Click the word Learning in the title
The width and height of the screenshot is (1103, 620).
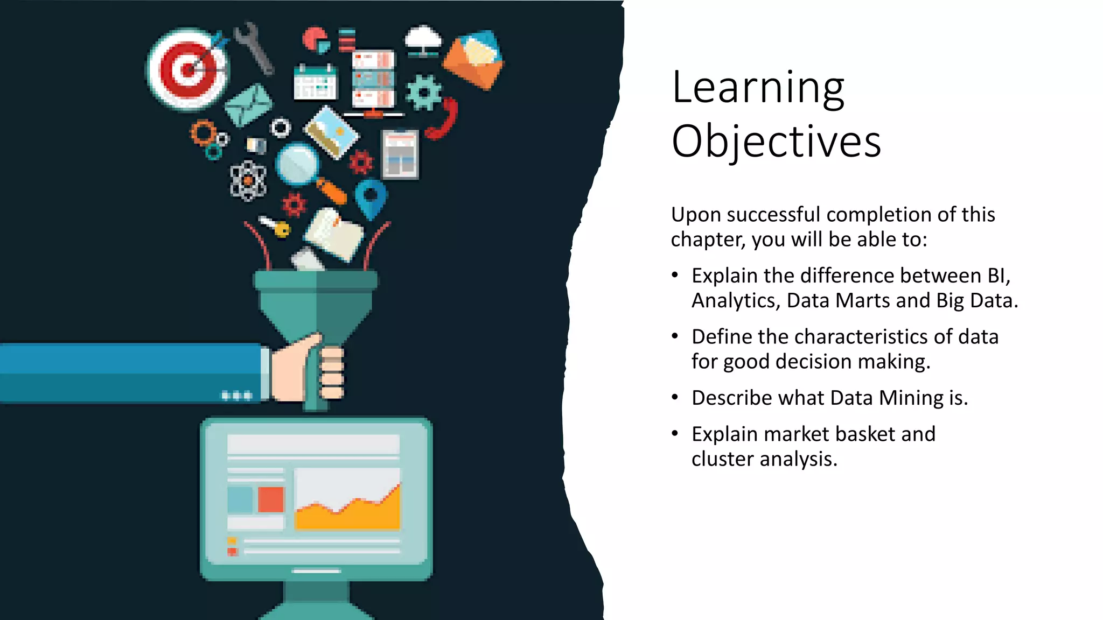758,88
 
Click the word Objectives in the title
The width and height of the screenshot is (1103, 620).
776,142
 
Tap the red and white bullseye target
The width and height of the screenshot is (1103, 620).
187,69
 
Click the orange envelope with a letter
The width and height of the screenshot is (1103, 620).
473,59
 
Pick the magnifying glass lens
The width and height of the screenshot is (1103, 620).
297,163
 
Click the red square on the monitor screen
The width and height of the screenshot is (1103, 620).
271,499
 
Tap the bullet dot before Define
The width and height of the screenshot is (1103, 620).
675,336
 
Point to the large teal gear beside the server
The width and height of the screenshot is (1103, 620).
423,93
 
